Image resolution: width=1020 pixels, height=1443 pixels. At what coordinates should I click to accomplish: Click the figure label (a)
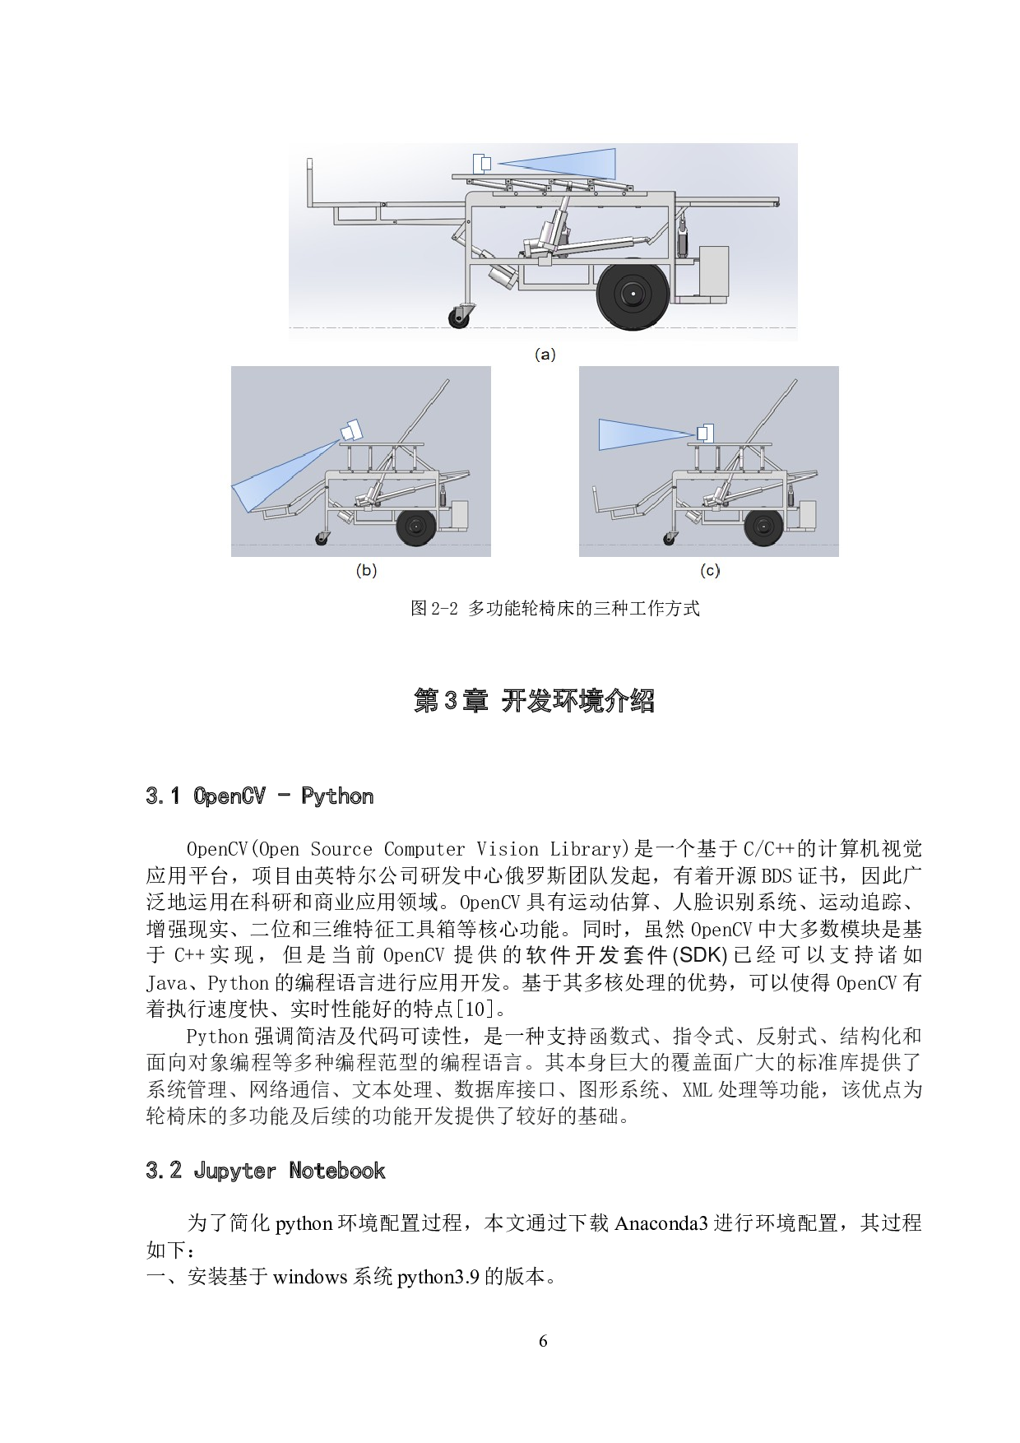pos(545,355)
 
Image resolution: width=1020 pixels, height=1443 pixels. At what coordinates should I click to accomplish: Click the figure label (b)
pos(366,570)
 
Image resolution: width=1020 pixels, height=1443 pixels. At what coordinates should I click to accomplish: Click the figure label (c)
pos(709,570)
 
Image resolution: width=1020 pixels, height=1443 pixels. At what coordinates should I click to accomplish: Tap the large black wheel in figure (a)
pos(633,294)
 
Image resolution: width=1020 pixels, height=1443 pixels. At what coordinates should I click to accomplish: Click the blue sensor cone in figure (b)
pos(280,477)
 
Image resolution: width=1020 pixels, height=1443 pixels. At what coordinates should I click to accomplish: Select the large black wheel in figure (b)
pos(417,528)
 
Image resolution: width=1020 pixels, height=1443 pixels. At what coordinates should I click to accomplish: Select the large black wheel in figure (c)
pos(763,528)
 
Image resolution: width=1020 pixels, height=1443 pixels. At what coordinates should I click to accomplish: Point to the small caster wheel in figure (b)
pos(320,539)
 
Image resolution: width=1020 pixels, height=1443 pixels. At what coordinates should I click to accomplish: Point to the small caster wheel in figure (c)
pos(670,539)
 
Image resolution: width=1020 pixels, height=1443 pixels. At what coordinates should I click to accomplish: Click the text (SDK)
pos(700,955)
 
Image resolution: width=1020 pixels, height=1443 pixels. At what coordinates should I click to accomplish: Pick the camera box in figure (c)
pos(705,432)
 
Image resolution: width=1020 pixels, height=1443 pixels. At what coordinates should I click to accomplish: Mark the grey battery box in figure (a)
pos(713,270)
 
